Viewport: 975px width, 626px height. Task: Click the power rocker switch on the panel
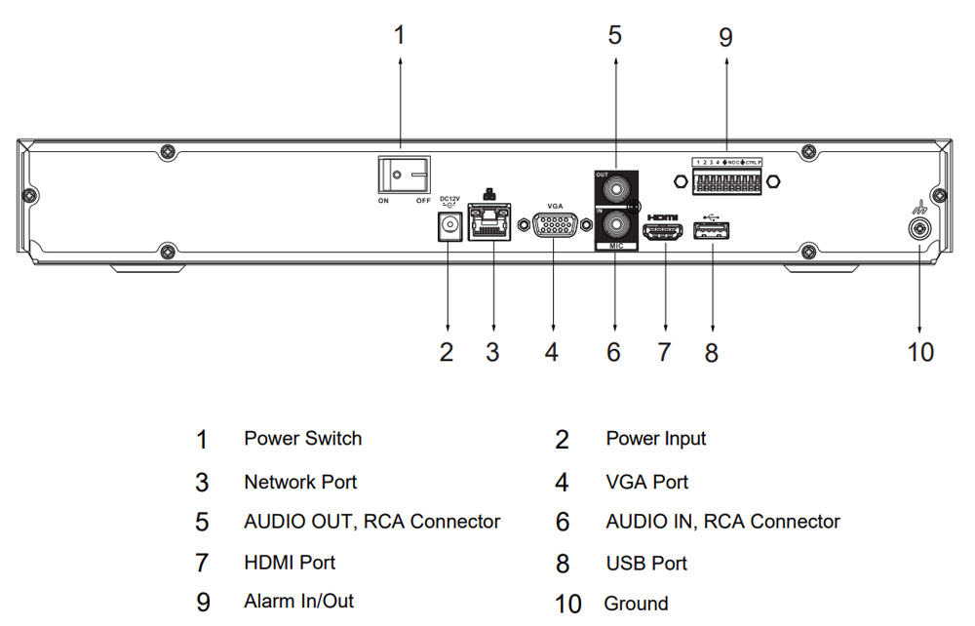[405, 176]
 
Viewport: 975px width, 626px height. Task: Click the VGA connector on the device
[554, 227]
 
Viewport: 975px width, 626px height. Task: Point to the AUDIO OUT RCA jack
[615, 187]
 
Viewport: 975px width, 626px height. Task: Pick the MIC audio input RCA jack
[615, 226]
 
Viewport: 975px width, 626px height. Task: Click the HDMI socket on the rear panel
[665, 232]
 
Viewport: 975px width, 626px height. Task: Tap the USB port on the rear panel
[712, 231]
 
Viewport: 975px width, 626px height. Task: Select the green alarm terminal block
[726, 180]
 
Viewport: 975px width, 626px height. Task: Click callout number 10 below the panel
[920, 351]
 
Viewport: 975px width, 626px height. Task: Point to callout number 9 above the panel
[725, 37]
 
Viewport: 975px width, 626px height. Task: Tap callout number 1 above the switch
[398, 35]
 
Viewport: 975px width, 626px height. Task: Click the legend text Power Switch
[302, 439]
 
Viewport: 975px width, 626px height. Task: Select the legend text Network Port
[300, 482]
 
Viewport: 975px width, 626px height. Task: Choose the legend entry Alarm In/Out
[298, 601]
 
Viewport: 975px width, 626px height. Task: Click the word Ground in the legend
[636, 604]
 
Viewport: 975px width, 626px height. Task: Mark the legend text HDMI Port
[290, 563]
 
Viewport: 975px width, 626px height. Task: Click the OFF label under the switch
[423, 201]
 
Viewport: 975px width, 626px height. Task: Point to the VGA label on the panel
[555, 206]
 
